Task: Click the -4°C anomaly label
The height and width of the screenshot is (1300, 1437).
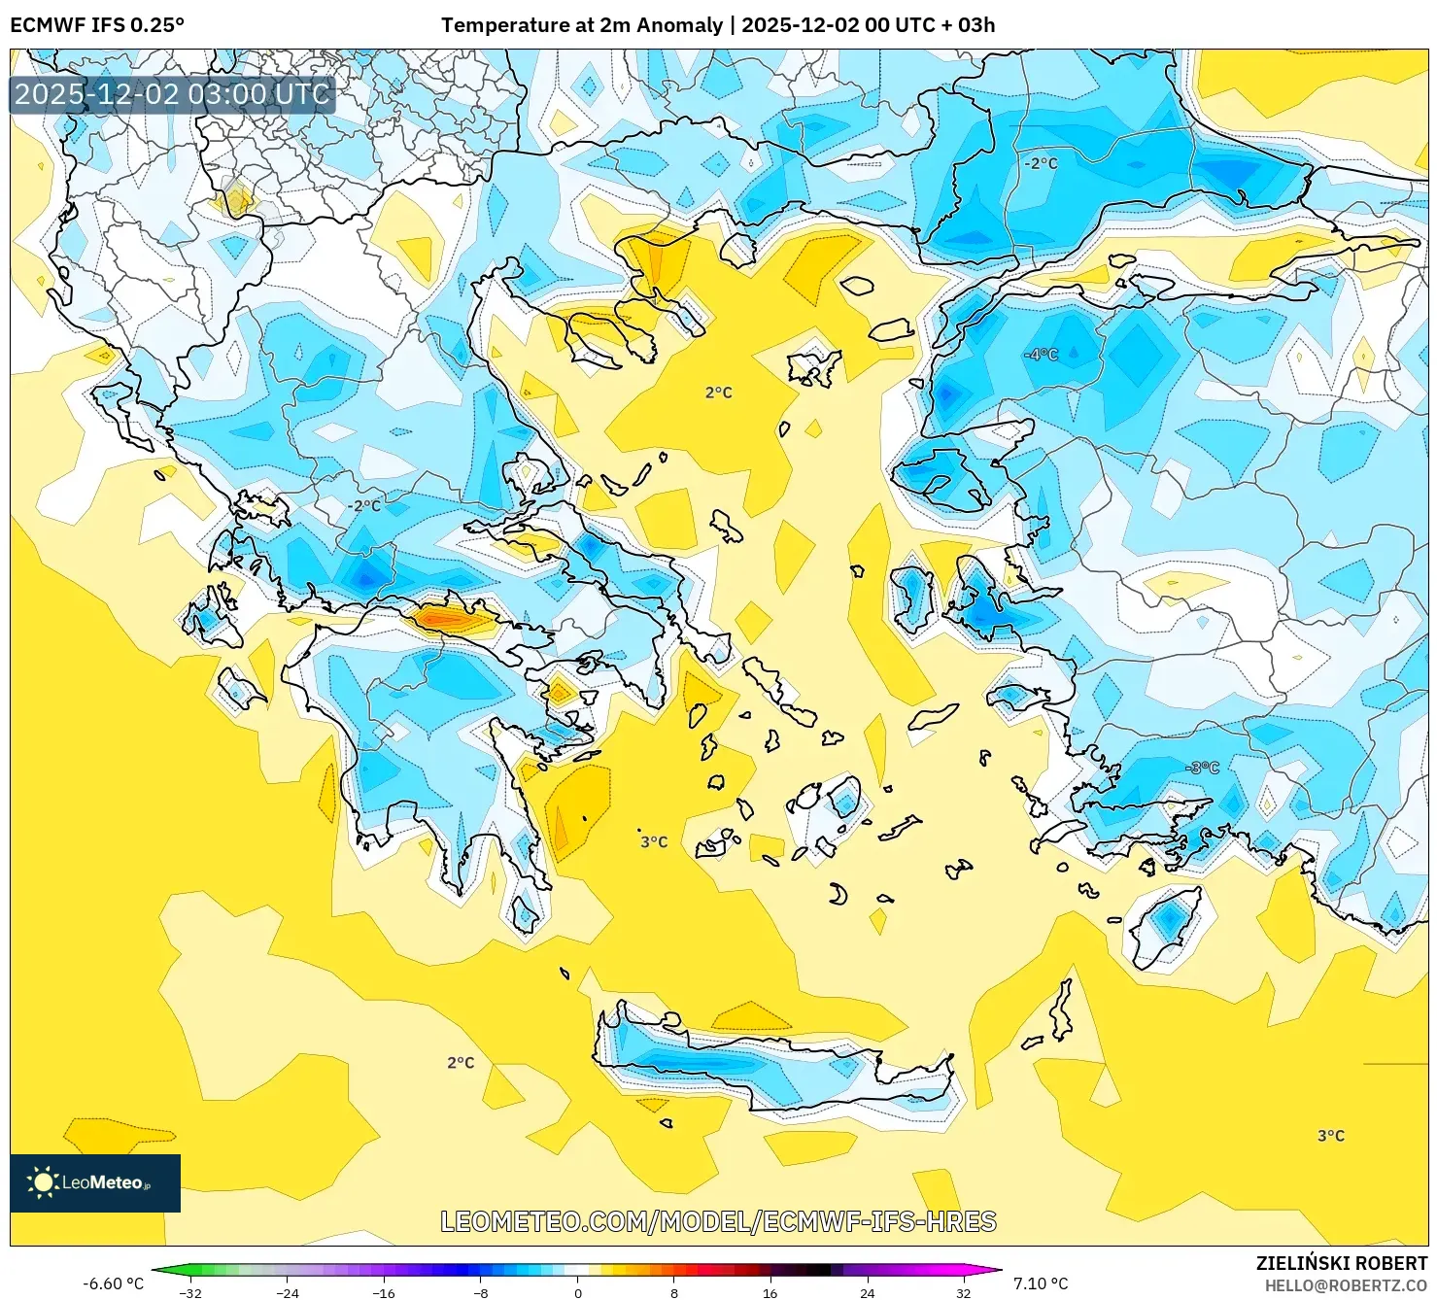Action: (x=1041, y=355)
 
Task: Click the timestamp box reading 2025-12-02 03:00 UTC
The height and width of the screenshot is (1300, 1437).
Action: (x=172, y=94)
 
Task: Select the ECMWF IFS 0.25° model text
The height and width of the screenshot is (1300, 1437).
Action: (x=96, y=25)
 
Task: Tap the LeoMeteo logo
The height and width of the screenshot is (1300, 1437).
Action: (x=95, y=1182)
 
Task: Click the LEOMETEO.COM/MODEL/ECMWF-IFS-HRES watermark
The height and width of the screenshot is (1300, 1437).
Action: (x=718, y=1221)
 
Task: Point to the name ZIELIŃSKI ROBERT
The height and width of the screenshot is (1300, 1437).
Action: (x=1341, y=1263)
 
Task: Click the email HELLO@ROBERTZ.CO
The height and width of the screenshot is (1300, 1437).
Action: (x=1345, y=1285)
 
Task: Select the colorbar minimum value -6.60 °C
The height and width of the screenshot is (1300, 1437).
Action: (x=113, y=1283)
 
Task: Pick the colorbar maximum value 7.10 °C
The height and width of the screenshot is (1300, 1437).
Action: (x=1041, y=1283)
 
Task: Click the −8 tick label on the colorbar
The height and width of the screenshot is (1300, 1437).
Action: (x=481, y=1293)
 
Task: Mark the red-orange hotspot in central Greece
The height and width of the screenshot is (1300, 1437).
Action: (x=442, y=617)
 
